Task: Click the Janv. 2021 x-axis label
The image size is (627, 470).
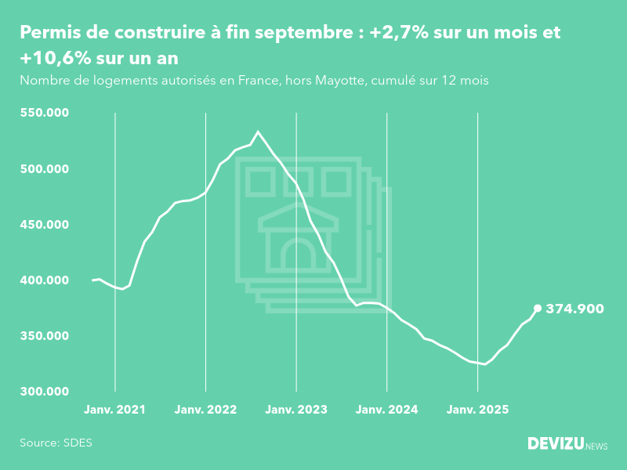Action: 114,410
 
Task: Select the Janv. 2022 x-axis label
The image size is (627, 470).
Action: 205,410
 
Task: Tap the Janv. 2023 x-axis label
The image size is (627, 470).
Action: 296,410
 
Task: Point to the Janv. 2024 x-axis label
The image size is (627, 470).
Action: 387,410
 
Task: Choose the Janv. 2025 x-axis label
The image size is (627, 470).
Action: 478,410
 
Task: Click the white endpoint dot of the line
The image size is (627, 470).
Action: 538,308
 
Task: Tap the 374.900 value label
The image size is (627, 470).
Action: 574,309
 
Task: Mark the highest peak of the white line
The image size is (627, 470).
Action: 259,132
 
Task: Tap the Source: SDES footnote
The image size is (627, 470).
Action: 56,443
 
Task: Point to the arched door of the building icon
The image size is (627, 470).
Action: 298,256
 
